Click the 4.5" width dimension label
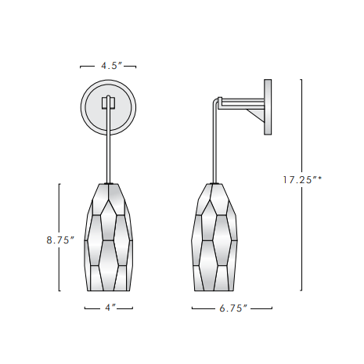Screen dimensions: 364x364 coord(108,67)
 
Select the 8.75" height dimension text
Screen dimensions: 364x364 coord(59,240)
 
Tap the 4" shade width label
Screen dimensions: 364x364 coord(108,308)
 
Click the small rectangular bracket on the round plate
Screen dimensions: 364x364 coord(108,103)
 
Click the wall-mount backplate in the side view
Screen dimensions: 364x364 coord(268,106)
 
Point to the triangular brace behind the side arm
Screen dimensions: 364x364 coord(256,115)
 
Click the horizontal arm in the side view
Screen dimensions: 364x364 coord(241,100)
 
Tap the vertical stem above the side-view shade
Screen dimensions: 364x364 coord(213,149)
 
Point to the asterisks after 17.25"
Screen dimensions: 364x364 coord(319,178)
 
